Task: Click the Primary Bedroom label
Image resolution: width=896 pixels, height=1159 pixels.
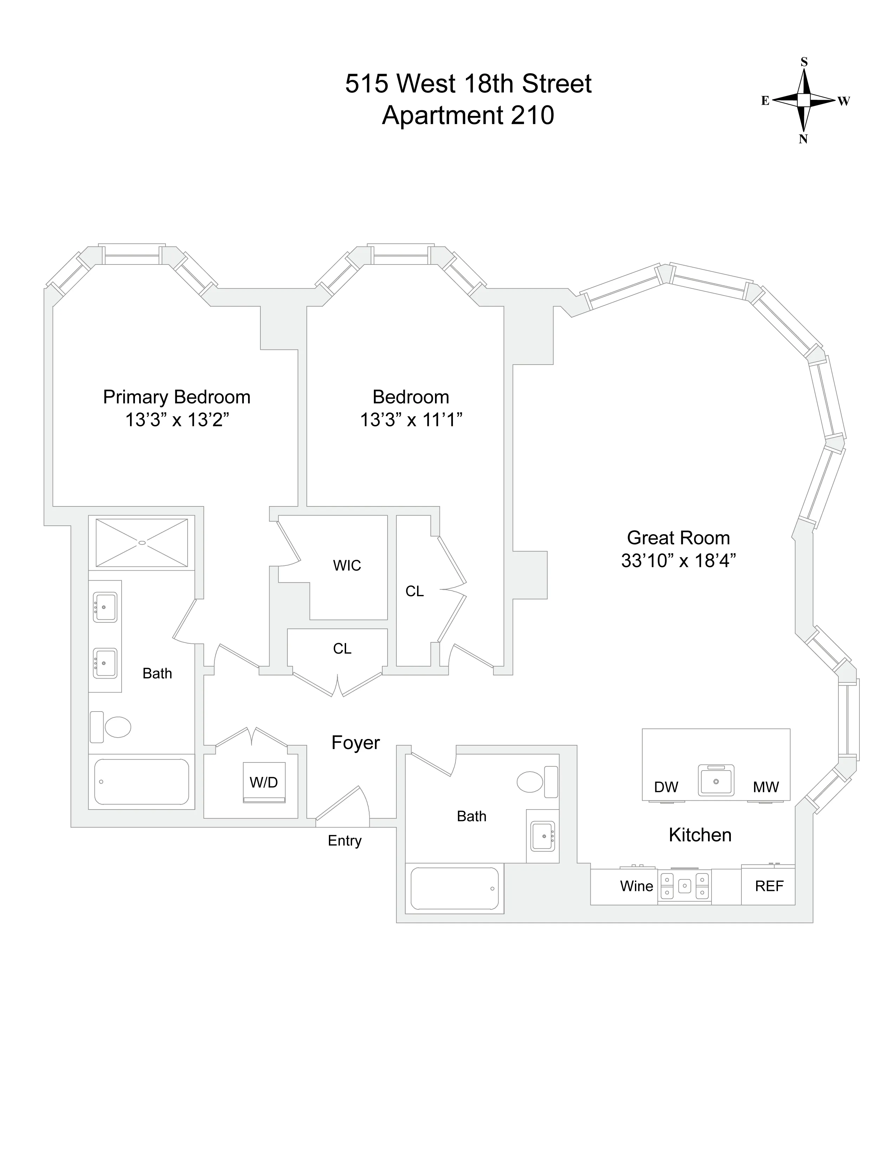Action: (176, 397)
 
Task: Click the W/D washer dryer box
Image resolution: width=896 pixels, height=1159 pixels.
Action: (264, 782)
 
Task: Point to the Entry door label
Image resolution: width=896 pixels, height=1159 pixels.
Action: (344, 840)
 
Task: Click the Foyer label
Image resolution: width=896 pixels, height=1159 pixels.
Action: (355, 743)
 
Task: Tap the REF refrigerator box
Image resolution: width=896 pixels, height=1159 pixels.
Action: (768, 886)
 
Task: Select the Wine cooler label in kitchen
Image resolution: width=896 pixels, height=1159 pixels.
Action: (636, 886)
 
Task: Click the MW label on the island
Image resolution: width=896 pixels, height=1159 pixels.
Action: (765, 787)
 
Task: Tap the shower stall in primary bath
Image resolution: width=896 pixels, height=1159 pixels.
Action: (142, 542)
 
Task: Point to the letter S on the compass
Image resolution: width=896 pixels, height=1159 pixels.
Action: (804, 63)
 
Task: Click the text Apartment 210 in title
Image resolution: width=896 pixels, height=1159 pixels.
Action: (468, 115)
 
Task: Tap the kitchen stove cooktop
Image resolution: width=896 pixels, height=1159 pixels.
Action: (684, 886)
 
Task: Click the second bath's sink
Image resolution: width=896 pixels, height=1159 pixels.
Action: (543, 836)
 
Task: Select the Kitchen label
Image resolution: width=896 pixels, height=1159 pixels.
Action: (700, 835)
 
